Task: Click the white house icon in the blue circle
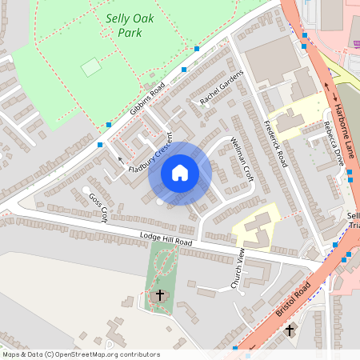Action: click(x=180, y=172)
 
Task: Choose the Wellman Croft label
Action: click(x=241, y=158)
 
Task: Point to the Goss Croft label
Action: click(x=98, y=207)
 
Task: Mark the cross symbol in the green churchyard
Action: click(x=159, y=295)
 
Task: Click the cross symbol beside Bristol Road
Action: click(x=290, y=330)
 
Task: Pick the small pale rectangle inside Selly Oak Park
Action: click(x=91, y=66)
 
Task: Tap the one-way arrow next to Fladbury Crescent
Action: click(x=121, y=160)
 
